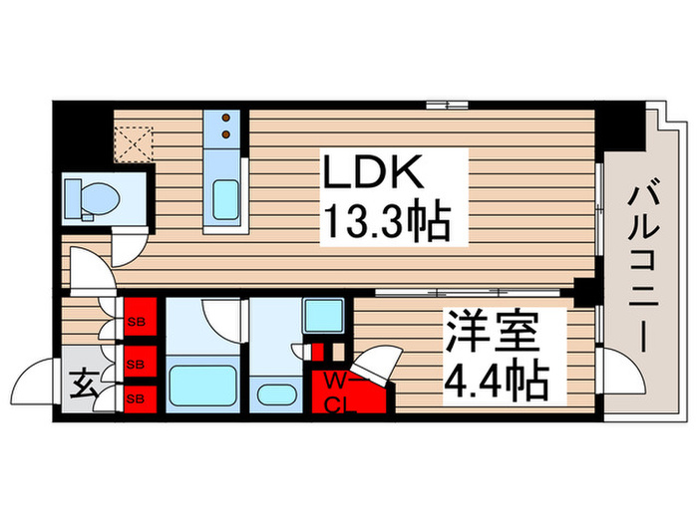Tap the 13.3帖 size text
pos(381,219)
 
